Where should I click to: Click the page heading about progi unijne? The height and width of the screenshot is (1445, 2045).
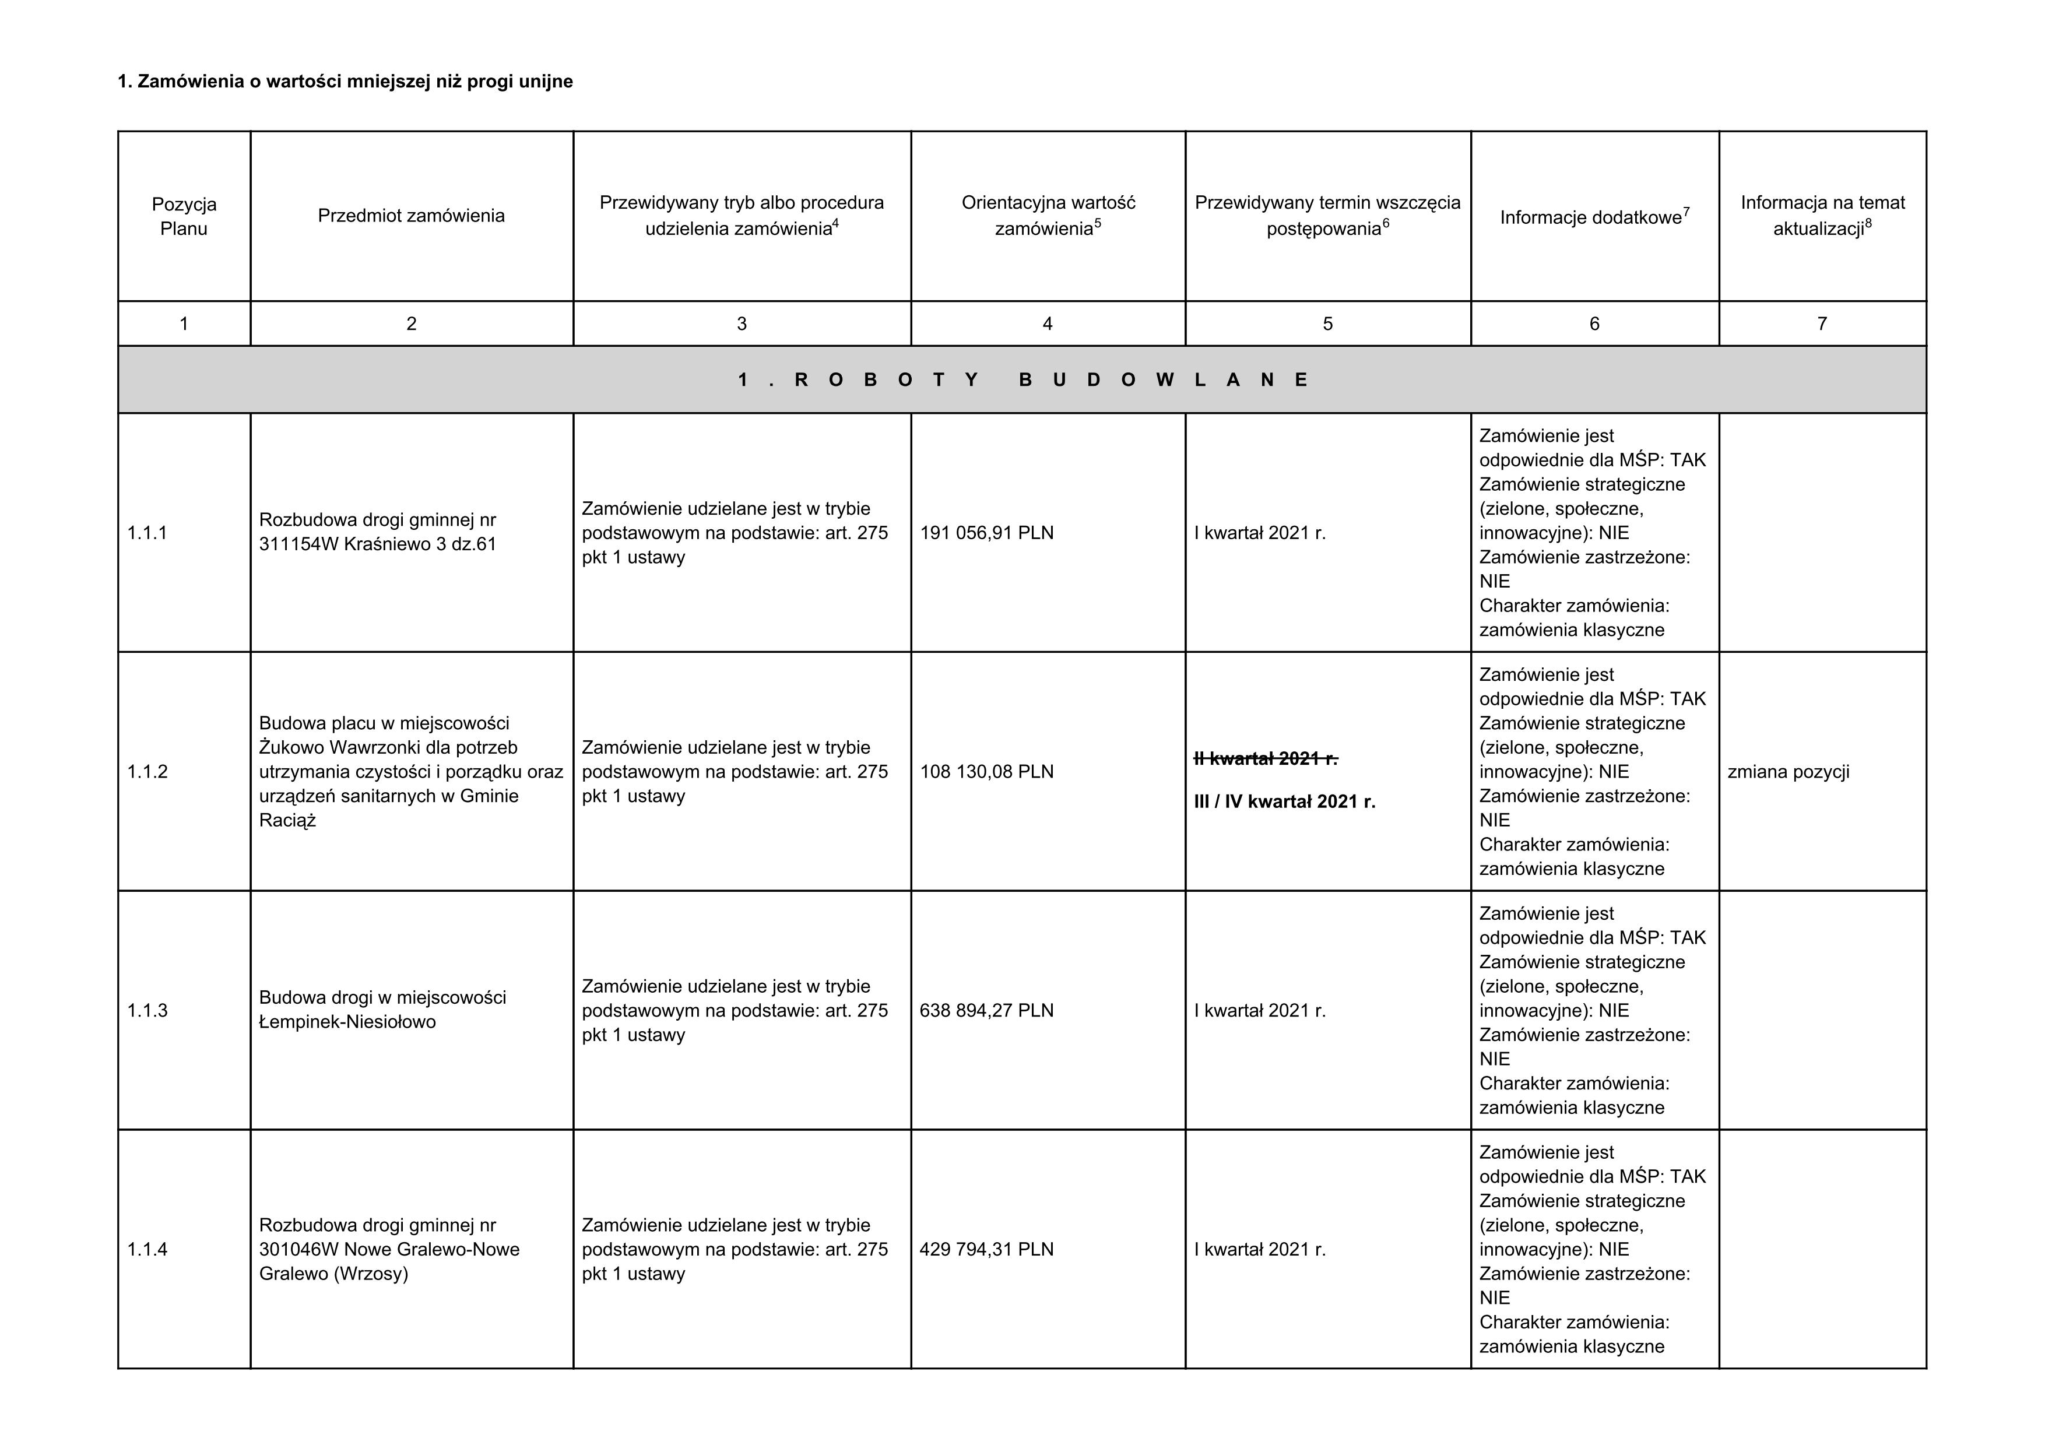[346, 82]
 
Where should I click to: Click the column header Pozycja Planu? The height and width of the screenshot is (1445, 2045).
[184, 216]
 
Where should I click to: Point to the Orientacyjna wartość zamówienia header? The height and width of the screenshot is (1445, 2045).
[1048, 216]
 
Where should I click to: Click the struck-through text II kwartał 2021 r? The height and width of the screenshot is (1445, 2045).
[1265, 758]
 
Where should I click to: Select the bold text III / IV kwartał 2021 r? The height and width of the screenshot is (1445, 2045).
[1284, 802]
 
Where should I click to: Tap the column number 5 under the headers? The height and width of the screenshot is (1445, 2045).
[1327, 324]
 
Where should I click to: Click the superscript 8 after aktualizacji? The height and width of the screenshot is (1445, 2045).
[1868, 223]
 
